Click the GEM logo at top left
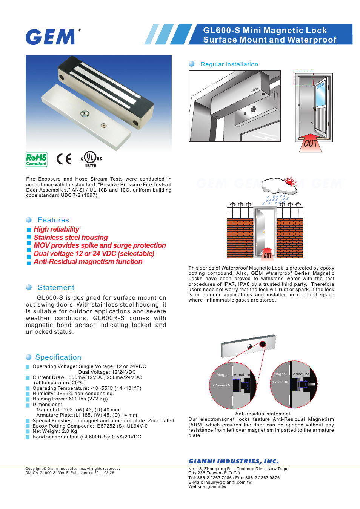pyautogui.click(x=51, y=37)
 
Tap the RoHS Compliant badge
pyautogui.click(x=36, y=159)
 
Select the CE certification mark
pyautogui.click(x=64, y=159)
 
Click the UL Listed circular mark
pyautogui.click(x=90, y=158)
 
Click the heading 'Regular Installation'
pyautogui.click(x=229, y=64)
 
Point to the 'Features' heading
pyautogui.click(x=53, y=220)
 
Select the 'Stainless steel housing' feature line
pyautogui.click(x=71, y=238)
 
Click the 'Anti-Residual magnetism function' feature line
pyautogui.click(x=88, y=262)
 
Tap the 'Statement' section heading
pyautogui.click(x=56, y=288)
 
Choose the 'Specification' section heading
pyautogui.click(x=58, y=357)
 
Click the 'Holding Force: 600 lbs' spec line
pyautogui.click(x=70, y=399)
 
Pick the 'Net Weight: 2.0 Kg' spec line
pyautogui.click(x=55, y=431)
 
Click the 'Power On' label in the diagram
pyautogui.click(x=223, y=385)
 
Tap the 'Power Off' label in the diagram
pyautogui.click(x=280, y=382)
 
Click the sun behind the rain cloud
pyautogui.click(x=290, y=182)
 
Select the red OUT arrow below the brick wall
pyautogui.click(x=267, y=254)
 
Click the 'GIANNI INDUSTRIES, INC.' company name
pyautogui.click(x=234, y=461)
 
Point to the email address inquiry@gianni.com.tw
pyautogui.click(x=228, y=482)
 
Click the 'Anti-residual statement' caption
pyautogui.click(x=263, y=414)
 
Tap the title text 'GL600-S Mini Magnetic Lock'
pyautogui.click(x=265, y=31)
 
